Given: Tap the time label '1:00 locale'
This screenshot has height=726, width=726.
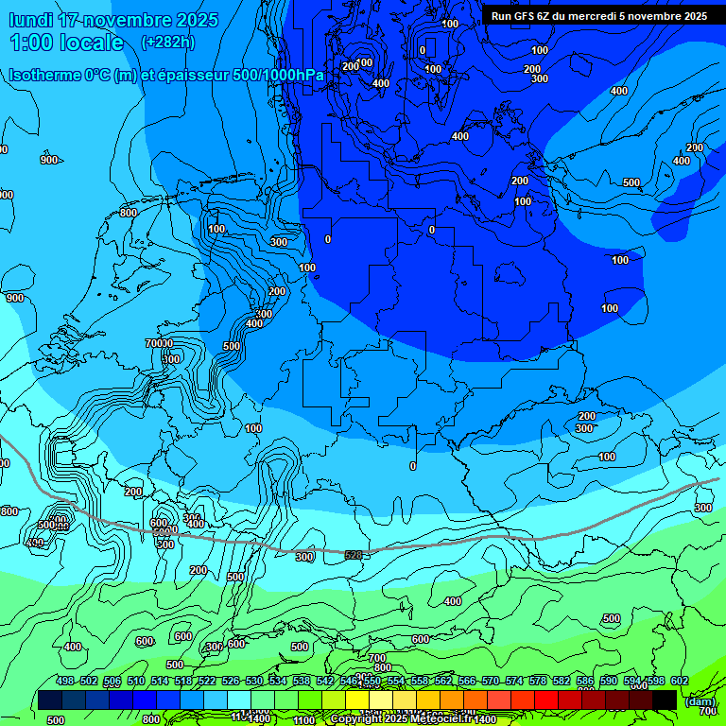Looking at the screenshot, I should point(66,43).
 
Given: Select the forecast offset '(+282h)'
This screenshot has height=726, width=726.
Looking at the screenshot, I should point(168,43).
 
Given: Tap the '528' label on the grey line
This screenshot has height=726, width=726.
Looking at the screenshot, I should point(354,555).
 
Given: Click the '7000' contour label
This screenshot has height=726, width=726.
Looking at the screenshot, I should point(159,343).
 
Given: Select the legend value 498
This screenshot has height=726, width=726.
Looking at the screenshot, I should point(65,681).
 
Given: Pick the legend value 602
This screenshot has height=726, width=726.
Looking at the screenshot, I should point(679,681).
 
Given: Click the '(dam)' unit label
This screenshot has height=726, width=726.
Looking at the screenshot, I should point(699,700).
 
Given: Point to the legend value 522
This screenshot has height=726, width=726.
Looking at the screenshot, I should point(207,681).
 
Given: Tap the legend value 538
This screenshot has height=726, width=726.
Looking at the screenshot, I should point(302,681).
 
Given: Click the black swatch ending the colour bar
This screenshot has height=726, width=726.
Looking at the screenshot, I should point(665,700).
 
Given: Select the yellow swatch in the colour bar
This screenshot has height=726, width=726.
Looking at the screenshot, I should point(357,700).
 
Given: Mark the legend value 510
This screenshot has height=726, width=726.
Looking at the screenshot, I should point(136,681).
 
